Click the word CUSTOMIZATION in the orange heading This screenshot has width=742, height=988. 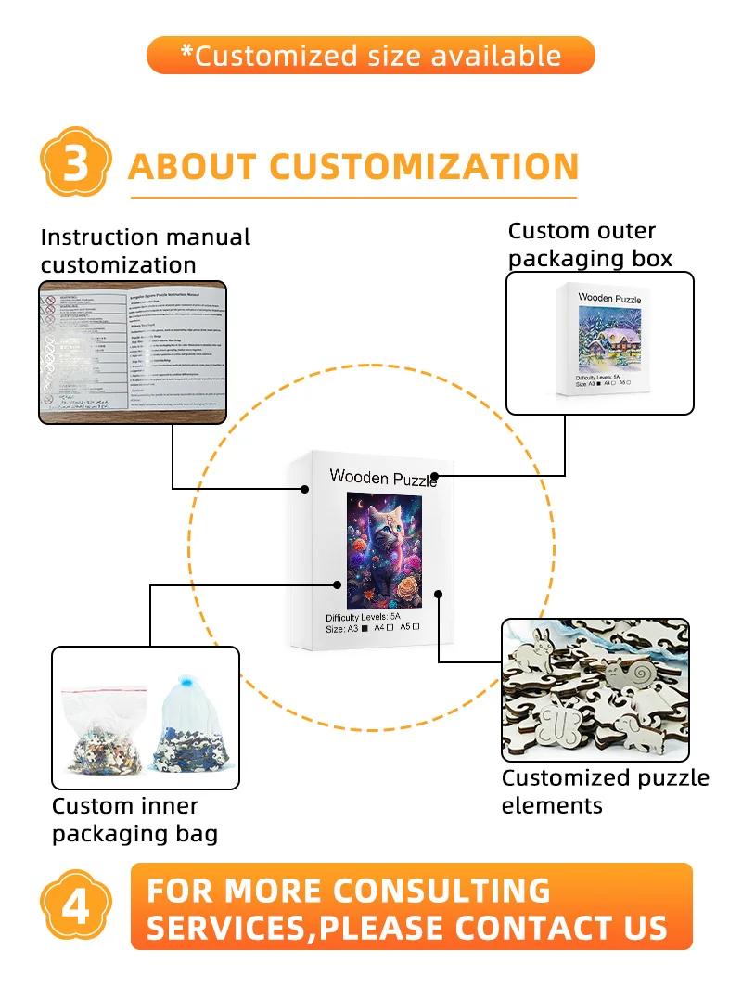(x=424, y=167)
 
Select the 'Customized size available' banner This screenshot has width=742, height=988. (x=370, y=55)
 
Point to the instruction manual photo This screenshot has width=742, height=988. (x=132, y=352)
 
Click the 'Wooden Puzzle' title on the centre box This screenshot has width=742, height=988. (x=383, y=479)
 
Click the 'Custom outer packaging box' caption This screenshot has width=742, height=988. (x=590, y=244)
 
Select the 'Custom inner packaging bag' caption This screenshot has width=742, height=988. (x=134, y=819)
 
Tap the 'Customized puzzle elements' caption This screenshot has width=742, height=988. (x=605, y=791)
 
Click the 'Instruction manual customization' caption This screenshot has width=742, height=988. (x=146, y=250)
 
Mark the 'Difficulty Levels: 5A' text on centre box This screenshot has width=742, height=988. (x=363, y=617)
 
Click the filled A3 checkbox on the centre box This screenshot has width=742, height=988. (x=365, y=628)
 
